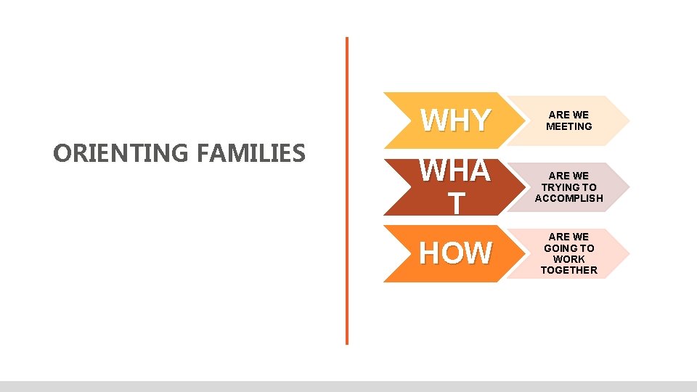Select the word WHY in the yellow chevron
coord(455,121)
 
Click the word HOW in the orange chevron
coord(455,253)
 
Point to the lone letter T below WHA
coord(455,204)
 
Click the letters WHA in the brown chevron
coord(455,171)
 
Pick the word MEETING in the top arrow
coord(569,126)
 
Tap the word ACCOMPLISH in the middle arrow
coord(569,198)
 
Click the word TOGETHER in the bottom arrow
coord(569,270)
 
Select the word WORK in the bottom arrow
coord(569,259)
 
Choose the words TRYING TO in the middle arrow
coord(569,187)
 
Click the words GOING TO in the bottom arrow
coord(569,248)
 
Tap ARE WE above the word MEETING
coord(569,115)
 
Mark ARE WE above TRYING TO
coord(569,176)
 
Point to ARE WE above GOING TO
coord(569,237)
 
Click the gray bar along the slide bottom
coord(348,386)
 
